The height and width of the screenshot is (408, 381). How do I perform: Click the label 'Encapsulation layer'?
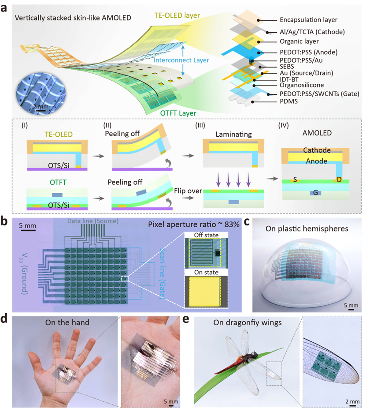click(x=308, y=20)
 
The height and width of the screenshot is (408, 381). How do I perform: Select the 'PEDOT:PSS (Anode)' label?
click(x=308, y=52)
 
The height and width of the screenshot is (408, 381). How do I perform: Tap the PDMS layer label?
click(x=289, y=101)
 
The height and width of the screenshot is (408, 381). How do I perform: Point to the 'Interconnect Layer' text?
click(x=181, y=60)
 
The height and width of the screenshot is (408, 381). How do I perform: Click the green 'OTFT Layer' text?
click(x=178, y=113)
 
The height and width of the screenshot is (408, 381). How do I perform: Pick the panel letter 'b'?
click(x=4, y=222)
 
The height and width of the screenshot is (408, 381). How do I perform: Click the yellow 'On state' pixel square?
click(x=204, y=292)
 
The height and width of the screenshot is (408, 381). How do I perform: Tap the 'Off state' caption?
click(x=206, y=235)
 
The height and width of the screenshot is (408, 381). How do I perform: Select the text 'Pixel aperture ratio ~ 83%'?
click(x=194, y=225)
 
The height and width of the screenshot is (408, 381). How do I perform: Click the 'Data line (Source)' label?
click(x=93, y=221)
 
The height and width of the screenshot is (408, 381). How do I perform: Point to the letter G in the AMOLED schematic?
click(x=315, y=193)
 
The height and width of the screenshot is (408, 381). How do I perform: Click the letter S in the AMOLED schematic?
click(x=295, y=179)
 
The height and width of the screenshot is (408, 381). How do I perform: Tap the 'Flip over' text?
click(x=188, y=191)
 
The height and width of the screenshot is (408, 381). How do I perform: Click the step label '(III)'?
click(x=200, y=125)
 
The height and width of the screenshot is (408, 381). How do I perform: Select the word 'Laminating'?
click(x=233, y=134)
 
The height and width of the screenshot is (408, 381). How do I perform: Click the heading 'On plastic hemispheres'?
click(x=307, y=228)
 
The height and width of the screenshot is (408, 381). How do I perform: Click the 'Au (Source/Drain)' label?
click(x=306, y=73)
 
